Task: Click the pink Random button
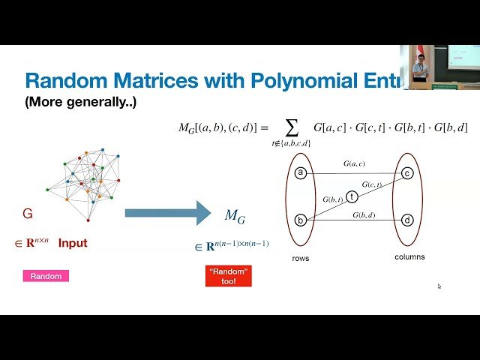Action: (46, 276)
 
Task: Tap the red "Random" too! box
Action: (228, 276)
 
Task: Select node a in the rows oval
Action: (301, 173)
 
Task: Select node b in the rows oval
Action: (301, 220)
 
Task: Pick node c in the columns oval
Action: (407, 173)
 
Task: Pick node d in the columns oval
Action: (407, 220)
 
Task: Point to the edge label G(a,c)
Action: (354, 163)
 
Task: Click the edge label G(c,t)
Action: (371, 184)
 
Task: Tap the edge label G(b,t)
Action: (333, 199)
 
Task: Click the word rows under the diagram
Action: (300, 258)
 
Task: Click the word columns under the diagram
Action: (409, 256)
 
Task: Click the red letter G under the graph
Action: (28, 214)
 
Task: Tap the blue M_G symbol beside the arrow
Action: (235, 217)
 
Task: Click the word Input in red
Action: (73, 243)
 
